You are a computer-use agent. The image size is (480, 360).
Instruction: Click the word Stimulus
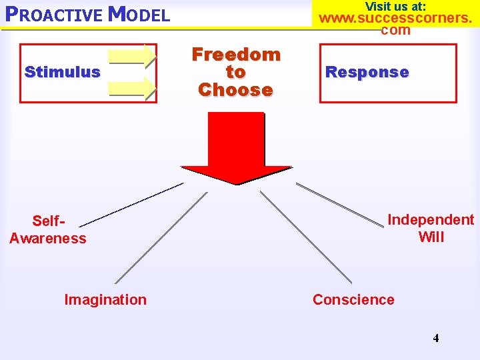click(x=62, y=72)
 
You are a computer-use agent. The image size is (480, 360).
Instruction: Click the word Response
click(x=367, y=73)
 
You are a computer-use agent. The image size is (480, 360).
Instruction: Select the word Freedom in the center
click(x=236, y=55)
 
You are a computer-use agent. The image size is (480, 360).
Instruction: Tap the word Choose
click(x=235, y=90)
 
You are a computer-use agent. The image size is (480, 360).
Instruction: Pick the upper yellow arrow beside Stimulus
click(x=133, y=57)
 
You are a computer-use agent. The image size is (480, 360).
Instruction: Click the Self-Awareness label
click(x=48, y=229)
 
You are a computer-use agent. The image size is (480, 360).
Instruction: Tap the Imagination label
click(x=105, y=300)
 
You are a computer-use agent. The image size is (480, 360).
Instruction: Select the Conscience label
click(x=353, y=300)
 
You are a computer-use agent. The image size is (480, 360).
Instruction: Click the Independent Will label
click(x=431, y=228)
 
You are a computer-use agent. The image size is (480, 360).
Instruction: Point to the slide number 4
click(x=436, y=338)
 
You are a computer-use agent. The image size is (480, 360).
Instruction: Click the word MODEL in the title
click(x=139, y=14)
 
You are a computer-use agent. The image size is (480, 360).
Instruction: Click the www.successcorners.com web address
click(x=396, y=23)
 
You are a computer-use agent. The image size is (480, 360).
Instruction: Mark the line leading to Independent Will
click(x=340, y=205)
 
